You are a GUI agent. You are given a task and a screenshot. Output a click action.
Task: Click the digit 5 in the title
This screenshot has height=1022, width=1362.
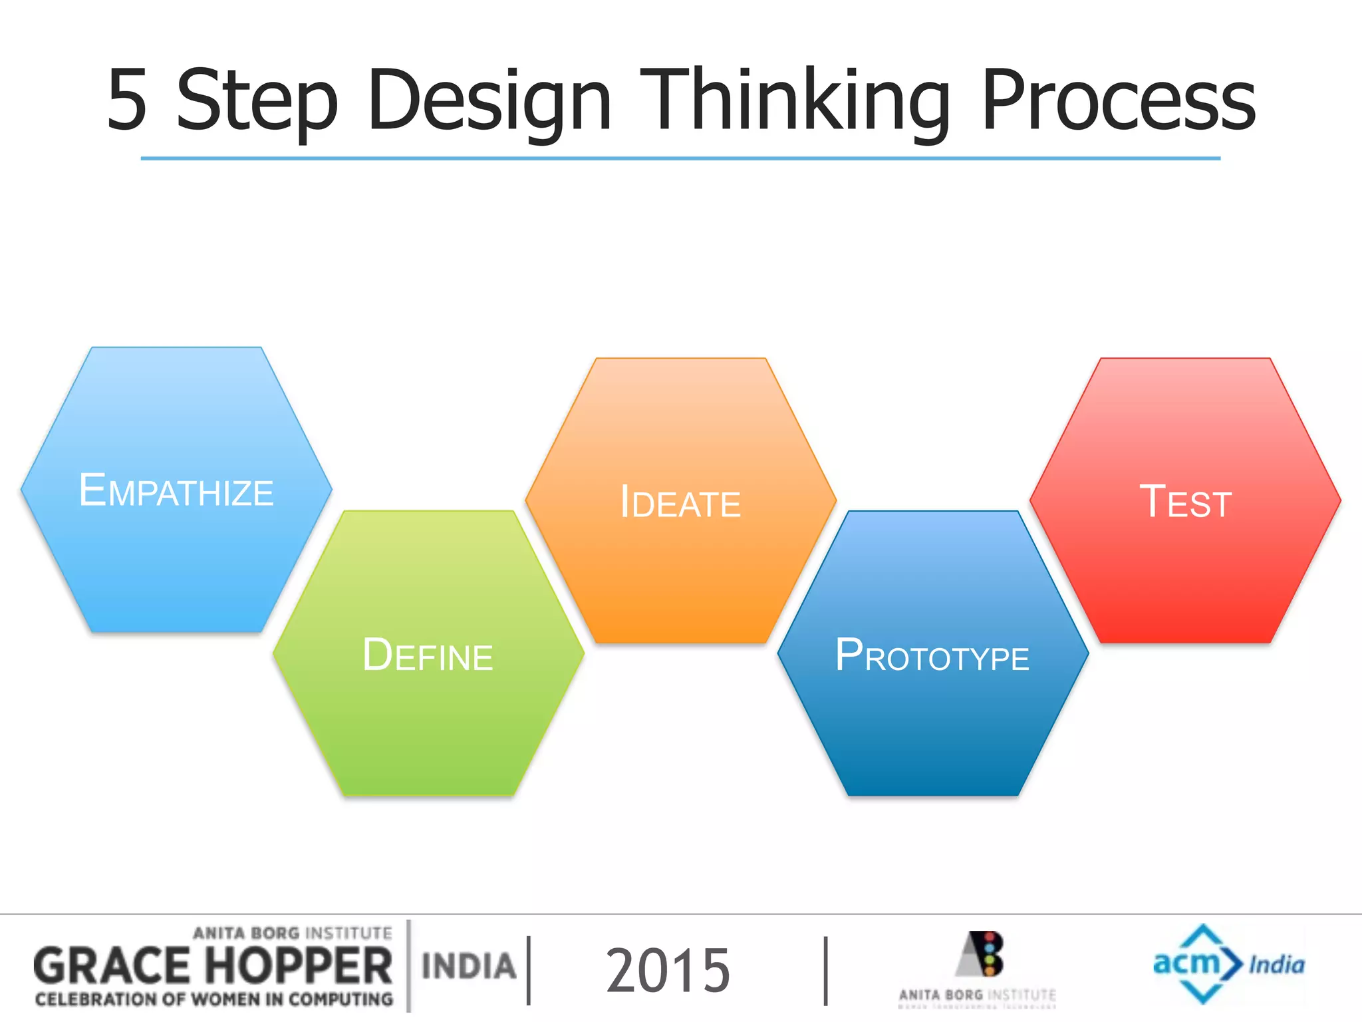127,100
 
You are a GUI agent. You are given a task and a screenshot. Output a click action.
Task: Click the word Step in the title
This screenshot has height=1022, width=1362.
257,101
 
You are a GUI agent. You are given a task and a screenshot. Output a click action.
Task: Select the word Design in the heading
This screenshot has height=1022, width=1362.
489,101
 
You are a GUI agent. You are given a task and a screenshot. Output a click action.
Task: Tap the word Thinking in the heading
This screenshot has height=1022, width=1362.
795,101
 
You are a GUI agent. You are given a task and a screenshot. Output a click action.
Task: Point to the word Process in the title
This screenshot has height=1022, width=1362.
1117,101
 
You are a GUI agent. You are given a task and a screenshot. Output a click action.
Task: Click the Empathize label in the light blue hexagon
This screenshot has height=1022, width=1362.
176,491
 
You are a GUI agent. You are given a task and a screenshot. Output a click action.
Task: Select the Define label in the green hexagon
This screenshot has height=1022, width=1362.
428,655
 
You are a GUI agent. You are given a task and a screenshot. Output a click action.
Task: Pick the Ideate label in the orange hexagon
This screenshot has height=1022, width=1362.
680,502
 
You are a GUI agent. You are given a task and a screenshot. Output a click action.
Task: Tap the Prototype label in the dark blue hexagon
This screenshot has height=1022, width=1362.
932,656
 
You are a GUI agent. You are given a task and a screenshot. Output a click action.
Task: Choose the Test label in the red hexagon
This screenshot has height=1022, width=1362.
1185,502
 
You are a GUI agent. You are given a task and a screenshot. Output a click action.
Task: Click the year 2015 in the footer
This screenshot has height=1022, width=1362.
668,971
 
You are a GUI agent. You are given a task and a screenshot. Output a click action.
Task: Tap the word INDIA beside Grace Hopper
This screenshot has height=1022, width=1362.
469,967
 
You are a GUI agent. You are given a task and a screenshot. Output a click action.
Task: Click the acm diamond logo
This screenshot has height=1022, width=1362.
1197,963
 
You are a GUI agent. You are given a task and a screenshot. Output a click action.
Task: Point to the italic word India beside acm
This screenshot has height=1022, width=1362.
1276,965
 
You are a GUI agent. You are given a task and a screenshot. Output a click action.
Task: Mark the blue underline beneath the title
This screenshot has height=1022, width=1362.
680,158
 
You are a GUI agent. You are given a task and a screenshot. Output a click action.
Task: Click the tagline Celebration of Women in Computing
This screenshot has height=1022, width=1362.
214,999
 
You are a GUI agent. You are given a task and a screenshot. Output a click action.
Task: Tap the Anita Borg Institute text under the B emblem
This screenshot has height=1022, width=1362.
977,995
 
